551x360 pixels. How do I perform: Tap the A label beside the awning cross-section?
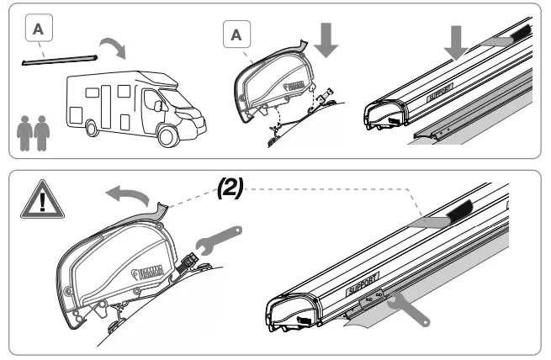(x=236, y=35)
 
